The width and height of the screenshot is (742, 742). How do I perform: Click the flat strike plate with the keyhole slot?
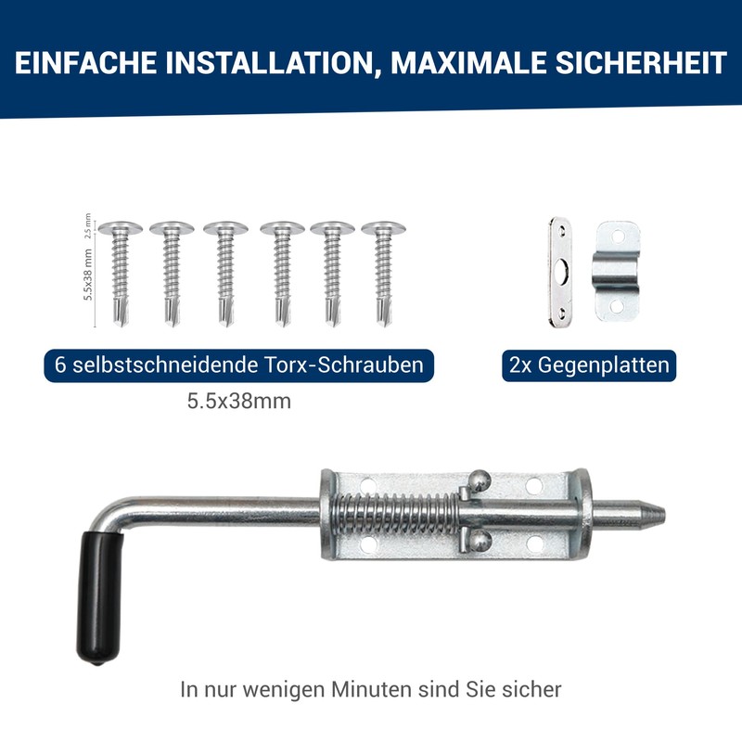point(561,272)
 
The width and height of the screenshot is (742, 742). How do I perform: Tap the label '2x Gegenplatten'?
point(588,365)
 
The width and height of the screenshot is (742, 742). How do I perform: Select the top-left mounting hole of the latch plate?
point(366,484)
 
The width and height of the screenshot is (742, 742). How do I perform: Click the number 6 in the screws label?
point(61,365)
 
